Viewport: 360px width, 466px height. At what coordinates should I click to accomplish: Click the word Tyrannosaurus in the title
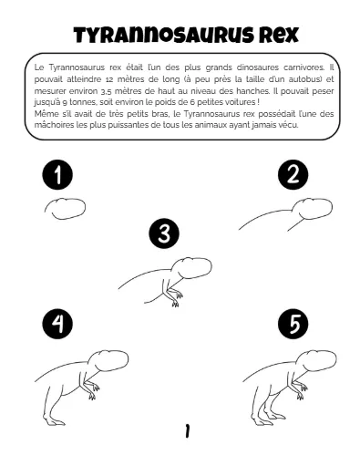coord(164,36)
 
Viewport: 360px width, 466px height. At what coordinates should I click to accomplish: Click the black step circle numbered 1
coord(57,175)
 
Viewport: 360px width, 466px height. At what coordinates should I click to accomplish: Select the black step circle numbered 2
coord(293,175)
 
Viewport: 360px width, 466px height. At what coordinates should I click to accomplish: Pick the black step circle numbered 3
coord(164,233)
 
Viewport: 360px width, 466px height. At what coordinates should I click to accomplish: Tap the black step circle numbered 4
coord(57,324)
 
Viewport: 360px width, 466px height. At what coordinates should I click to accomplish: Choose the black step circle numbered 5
coord(293,324)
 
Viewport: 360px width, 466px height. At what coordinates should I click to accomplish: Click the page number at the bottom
coord(187,430)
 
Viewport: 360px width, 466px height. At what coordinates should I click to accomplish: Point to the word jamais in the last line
coord(263,125)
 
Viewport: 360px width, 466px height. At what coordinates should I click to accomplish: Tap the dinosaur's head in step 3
coord(192,267)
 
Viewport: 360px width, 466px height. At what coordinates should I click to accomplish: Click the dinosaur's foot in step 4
coord(57,422)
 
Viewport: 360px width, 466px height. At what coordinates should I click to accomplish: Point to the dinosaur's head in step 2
coord(312,209)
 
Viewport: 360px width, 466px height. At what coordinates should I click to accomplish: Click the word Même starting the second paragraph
coord(44,114)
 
